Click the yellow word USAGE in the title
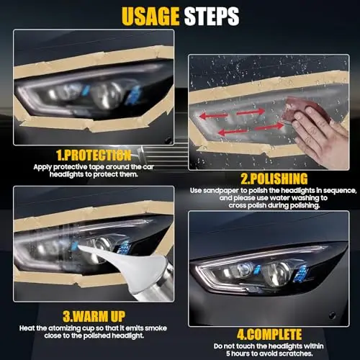[x=150, y=17]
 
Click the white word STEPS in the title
[x=212, y=17]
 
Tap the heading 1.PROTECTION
[x=94, y=155]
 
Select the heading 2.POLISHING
[x=274, y=179]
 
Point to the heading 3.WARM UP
[x=94, y=316]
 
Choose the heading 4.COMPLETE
[x=269, y=334]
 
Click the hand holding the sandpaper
[x=319, y=135]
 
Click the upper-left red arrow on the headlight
[x=213, y=116]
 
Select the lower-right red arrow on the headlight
[x=269, y=126]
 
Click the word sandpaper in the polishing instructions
[x=221, y=191]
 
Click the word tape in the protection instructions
[x=96, y=167]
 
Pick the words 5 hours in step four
[x=237, y=354]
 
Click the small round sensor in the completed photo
[x=333, y=315]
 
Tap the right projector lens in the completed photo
[x=279, y=271]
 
